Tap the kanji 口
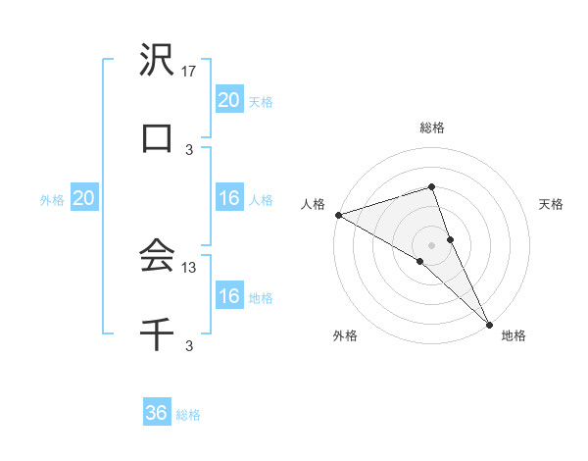pos(157,138)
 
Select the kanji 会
pos(157,256)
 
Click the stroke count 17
pos(190,72)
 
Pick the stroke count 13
pos(190,267)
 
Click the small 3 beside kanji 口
pos(190,149)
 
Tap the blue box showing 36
pos(157,413)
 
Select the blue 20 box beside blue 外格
pos(84,198)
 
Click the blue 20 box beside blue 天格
pos(228,99)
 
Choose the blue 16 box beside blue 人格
pos(228,198)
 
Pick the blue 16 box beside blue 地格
pos(228,296)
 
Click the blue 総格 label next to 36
pos(188,415)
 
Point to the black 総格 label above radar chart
pos(432,128)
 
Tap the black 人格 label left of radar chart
pos(313,204)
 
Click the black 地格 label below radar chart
pos(514,335)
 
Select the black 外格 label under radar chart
pos(345,335)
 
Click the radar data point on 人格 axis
pos(338,214)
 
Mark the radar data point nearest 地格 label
pos(489,322)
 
